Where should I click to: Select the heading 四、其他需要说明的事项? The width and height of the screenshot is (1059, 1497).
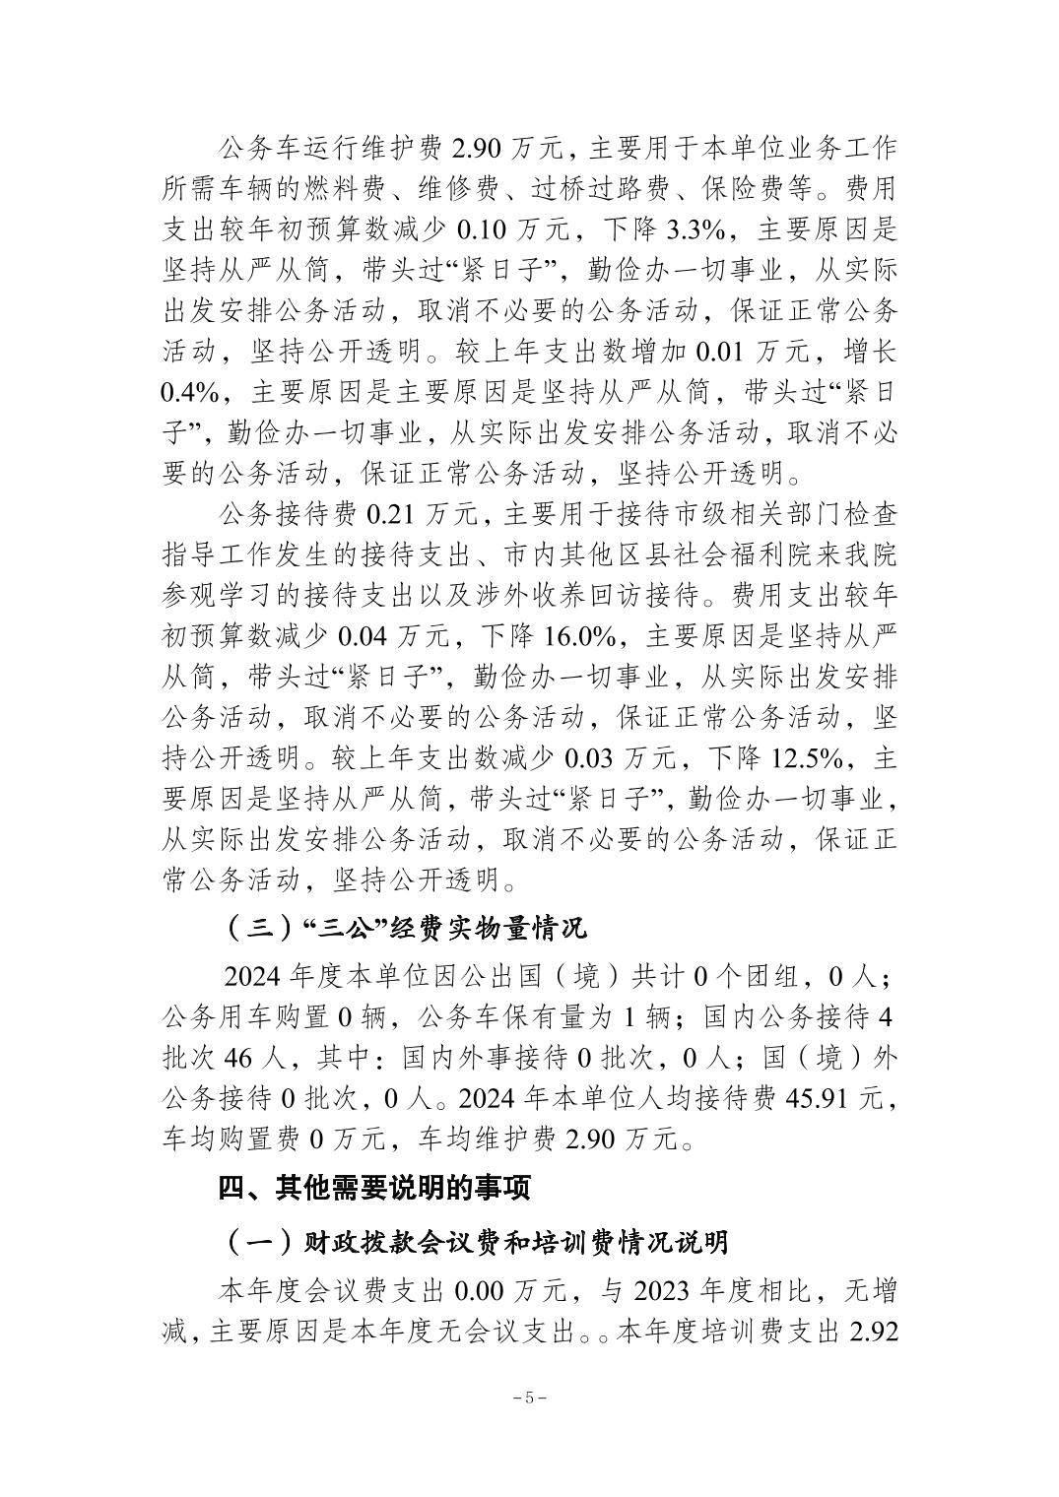pos(375,1189)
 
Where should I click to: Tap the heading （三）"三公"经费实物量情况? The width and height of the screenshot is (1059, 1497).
pos(405,928)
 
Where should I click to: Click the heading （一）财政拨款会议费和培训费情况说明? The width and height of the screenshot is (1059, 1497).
pos(476,1242)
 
